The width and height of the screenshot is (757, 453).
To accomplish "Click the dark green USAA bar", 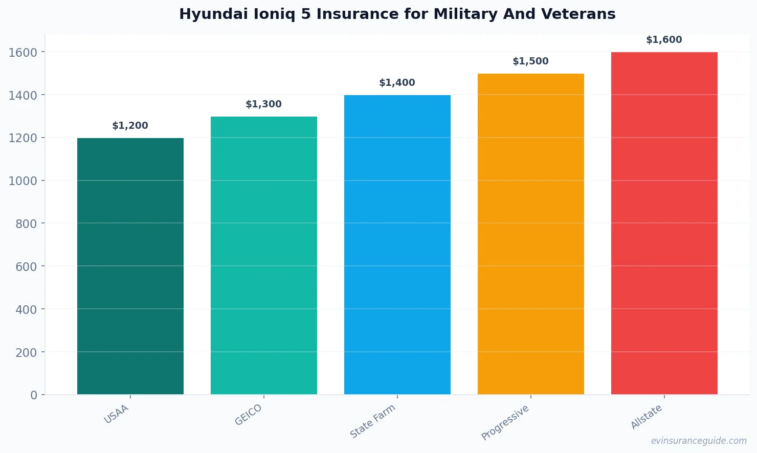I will pyautogui.click(x=130, y=266).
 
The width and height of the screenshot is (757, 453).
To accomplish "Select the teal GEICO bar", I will pyautogui.click(x=263, y=256).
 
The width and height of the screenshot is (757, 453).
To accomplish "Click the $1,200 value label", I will pyautogui.click(x=130, y=126).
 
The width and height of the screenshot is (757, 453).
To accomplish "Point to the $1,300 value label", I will pyautogui.click(x=263, y=104).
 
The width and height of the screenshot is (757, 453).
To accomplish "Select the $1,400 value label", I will pyautogui.click(x=397, y=83).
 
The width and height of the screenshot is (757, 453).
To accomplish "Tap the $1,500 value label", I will pyautogui.click(x=530, y=61).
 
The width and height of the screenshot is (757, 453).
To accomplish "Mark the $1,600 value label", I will pyautogui.click(x=664, y=40).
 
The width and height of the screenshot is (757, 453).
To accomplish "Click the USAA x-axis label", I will pyautogui.click(x=117, y=414).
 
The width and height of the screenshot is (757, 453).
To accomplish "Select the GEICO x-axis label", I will pyautogui.click(x=249, y=415).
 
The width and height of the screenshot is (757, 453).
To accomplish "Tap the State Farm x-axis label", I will pyautogui.click(x=373, y=421).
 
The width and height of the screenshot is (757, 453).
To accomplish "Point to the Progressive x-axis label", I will pyautogui.click(x=505, y=422).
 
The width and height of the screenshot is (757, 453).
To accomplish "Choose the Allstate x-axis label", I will pyautogui.click(x=647, y=417).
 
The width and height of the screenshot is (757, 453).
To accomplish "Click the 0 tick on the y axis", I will pyautogui.click(x=34, y=395).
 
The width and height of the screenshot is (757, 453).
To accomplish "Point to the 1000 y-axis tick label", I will pyautogui.click(x=23, y=181).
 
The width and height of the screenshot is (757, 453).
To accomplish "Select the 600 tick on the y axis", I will pyautogui.click(x=26, y=266).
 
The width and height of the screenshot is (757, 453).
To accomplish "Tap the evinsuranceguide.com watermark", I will pyautogui.click(x=699, y=441).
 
